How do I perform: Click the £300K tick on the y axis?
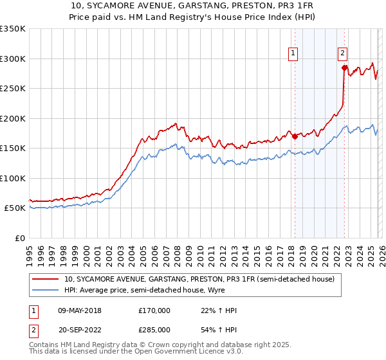coord(13,59)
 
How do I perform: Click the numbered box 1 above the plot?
coord(293,54)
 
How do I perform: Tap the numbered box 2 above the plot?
coord(342,54)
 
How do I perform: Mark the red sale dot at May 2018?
coord(295,136)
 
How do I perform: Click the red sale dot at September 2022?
coord(344,67)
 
